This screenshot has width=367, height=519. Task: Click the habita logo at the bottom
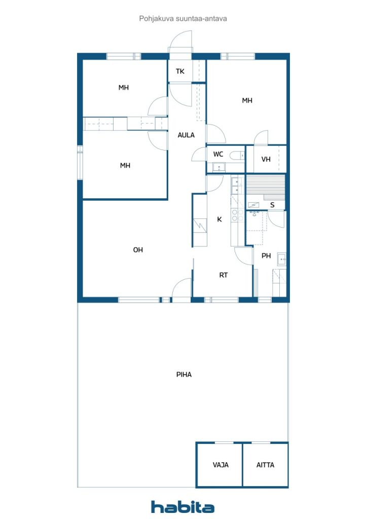182,506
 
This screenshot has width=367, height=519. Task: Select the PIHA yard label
183,375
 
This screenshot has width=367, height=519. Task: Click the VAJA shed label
220,465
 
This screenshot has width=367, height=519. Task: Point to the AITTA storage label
265,465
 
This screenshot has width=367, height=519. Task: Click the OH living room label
138,249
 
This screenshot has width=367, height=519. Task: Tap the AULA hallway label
186,135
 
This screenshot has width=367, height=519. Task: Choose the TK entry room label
180,71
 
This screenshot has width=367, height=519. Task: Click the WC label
218,154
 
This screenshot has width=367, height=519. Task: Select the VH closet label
266,159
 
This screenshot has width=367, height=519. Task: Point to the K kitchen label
219,219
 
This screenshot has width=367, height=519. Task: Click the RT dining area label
223,275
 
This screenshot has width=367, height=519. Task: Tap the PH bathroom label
266,256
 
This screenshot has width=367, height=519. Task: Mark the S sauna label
272,205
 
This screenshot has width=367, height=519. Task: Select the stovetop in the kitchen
235,215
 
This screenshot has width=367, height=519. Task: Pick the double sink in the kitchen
235,186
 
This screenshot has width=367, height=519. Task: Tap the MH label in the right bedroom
247,100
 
